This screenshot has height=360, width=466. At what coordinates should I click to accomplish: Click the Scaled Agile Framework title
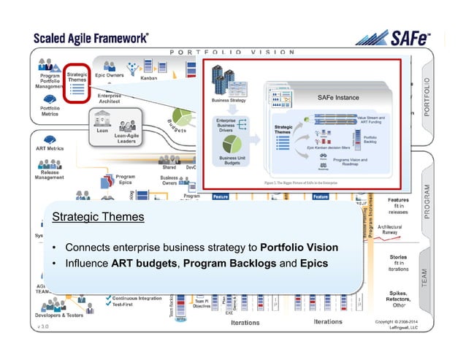click(x=91, y=38)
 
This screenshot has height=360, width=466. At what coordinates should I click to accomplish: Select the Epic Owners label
click(x=111, y=74)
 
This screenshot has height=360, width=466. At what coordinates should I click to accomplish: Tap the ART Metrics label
click(x=50, y=148)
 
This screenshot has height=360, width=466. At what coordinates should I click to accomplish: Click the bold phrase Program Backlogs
click(x=228, y=261)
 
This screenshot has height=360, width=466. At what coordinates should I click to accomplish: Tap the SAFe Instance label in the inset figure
click(x=338, y=97)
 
